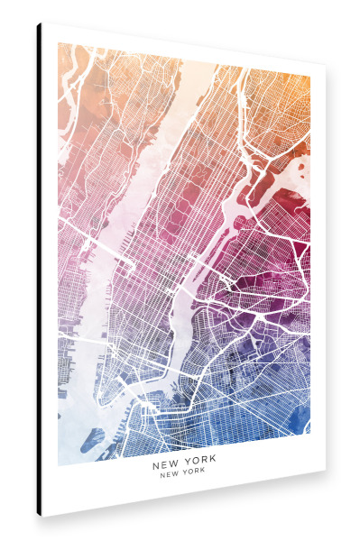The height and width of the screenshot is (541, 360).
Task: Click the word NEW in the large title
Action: coord(166,466)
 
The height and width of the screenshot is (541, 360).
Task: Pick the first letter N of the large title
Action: coord(155,466)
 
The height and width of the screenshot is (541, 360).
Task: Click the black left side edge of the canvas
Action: coord(40,270)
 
